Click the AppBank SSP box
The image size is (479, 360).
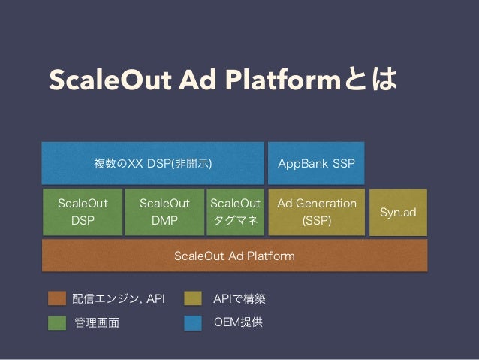[316, 163]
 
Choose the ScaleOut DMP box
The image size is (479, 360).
[164, 212]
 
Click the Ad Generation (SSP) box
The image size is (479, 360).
[317, 212]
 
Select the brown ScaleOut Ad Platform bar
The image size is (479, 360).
[234, 256]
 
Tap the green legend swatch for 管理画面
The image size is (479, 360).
[57, 323]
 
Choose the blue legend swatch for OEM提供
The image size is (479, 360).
[194, 323]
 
